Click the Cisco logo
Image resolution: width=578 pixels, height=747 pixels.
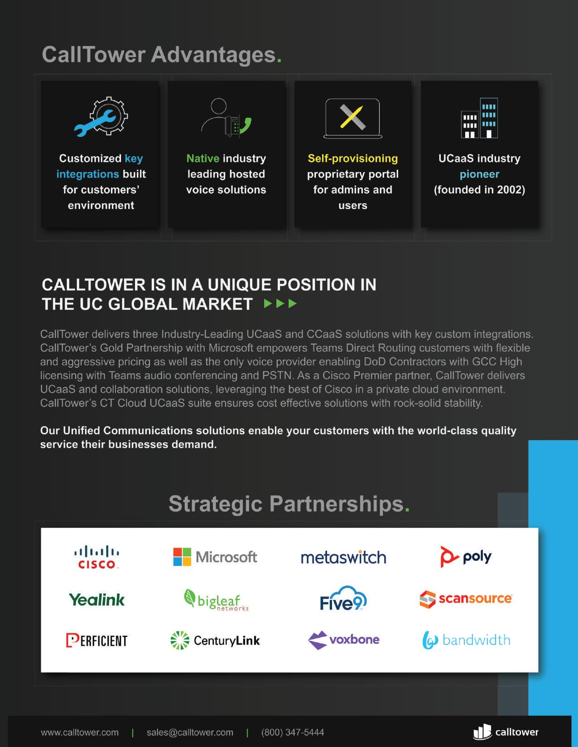point(96,557)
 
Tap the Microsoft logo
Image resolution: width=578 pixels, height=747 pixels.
point(215,557)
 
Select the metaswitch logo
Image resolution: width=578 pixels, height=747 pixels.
point(343,557)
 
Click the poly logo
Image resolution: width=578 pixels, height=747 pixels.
point(466,556)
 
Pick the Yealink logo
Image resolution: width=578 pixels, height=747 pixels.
point(96,600)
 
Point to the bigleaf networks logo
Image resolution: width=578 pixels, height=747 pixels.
point(216,600)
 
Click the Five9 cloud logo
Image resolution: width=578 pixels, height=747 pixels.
point(343,599)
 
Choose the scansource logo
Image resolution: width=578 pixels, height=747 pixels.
point(466,599)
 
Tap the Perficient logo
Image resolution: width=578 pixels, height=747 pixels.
point(96,641)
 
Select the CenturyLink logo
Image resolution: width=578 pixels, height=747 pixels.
point(215,641)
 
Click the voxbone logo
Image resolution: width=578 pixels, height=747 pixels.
point(343,640)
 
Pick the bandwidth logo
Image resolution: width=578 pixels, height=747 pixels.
point(466,640)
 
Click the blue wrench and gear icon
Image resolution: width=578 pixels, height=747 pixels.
point(101,117)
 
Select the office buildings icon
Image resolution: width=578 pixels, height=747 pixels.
point(479,118)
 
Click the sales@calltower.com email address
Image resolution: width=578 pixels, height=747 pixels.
point(190,733)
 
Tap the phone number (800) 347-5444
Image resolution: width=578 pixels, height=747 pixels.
point(293,733)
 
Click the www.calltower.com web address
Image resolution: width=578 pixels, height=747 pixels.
point(80,733)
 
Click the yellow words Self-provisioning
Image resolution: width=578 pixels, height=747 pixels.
point(352,158)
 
